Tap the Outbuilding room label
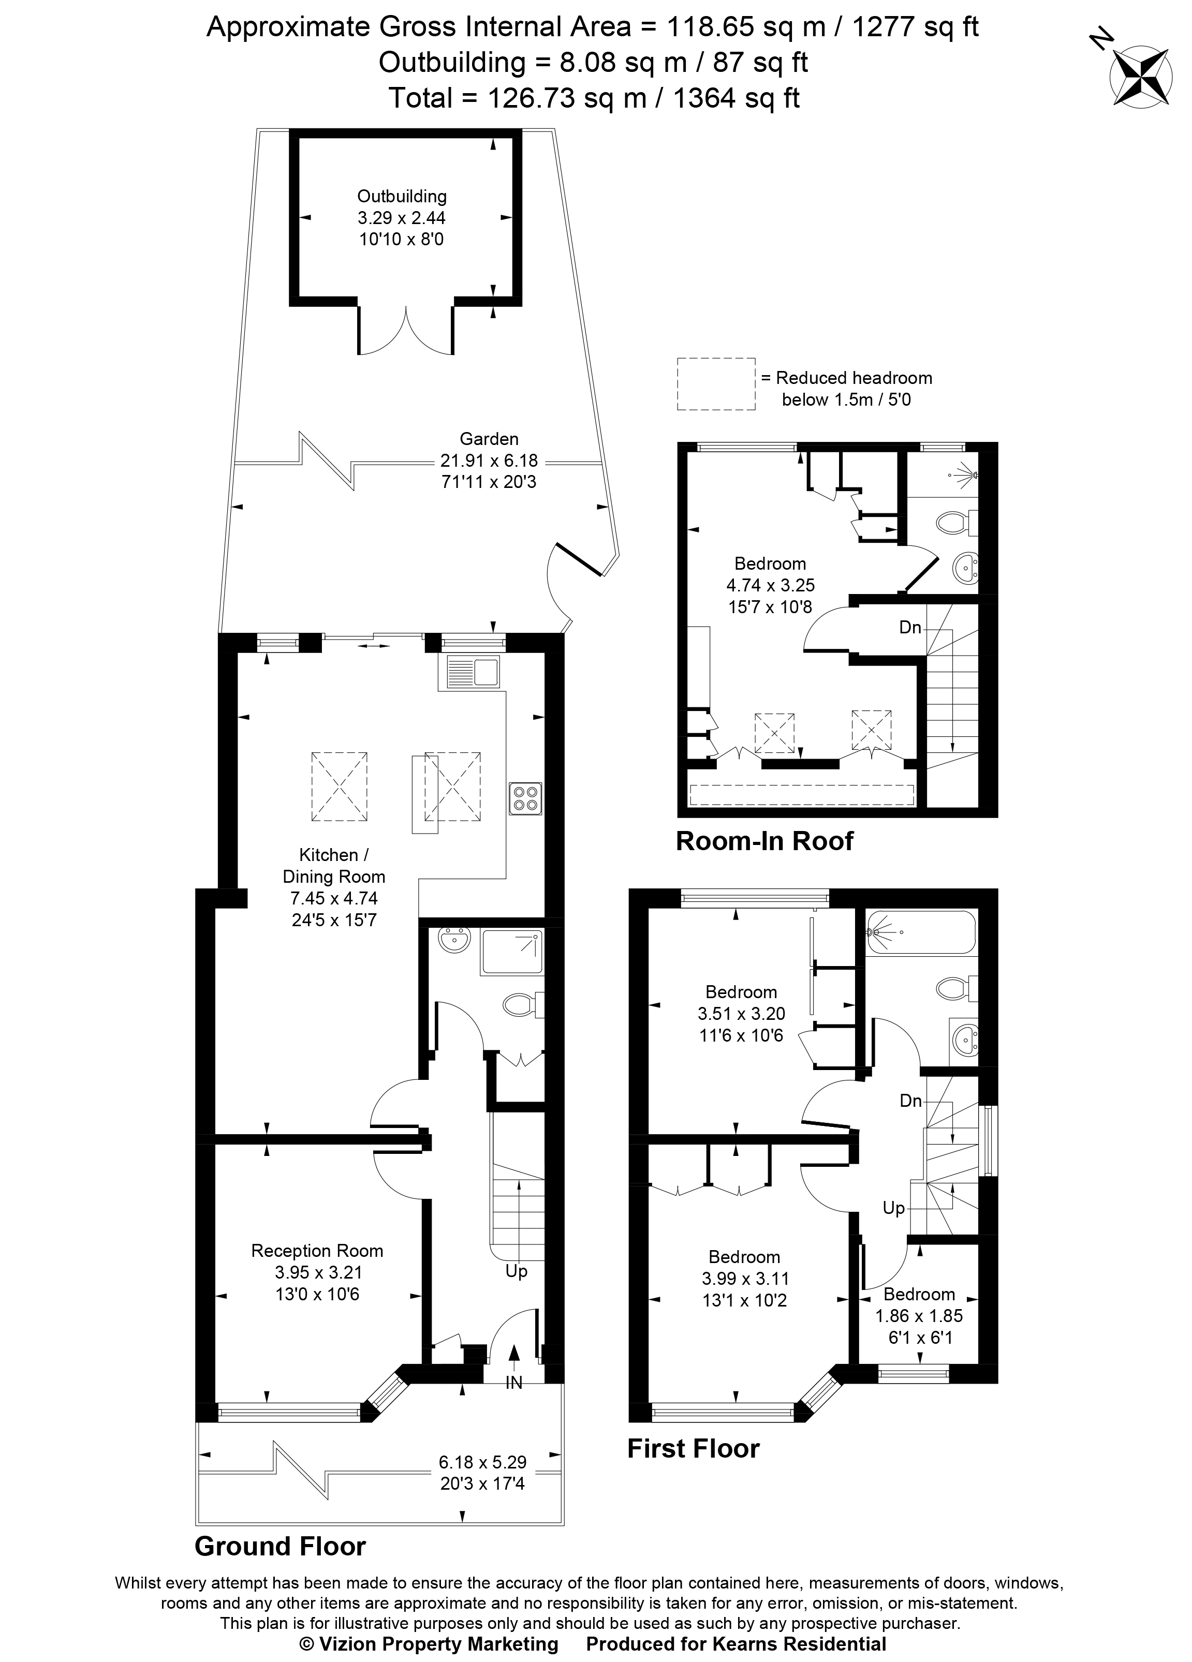tap(401, 197)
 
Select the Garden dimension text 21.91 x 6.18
tap(489, 460)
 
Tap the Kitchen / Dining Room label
tap(333, 866)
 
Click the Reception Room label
tap(317, 1251)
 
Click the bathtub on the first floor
tap(921, 932)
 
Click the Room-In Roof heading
tap(764, 840)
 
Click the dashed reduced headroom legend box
tap(715, 383)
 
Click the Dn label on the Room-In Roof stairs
tap(910, 627)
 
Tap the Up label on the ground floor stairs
tap(516, 1271)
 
